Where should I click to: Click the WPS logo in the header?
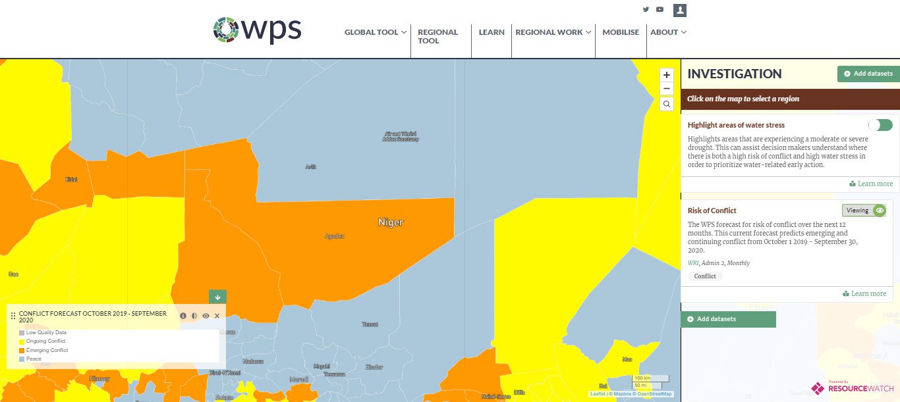coord(257,29)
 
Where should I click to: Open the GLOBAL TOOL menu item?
coord(376,32)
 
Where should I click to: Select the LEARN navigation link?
coord(492,32)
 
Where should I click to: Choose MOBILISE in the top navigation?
coord(621,32)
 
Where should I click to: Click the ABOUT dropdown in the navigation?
coord(668,32)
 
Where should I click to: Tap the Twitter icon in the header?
coord(646,10)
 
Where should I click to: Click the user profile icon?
coord(680,10)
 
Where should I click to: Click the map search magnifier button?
coord(667,104)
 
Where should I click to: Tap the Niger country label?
coord(391,222)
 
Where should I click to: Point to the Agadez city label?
coord(335,236)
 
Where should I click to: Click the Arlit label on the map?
coord(311,167)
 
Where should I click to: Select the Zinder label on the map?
coord(374,366)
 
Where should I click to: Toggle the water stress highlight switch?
coord(880,125)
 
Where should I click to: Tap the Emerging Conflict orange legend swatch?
coord(22,351)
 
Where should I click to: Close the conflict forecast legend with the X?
coord(217,316)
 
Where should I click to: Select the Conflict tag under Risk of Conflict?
coord(705,276)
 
